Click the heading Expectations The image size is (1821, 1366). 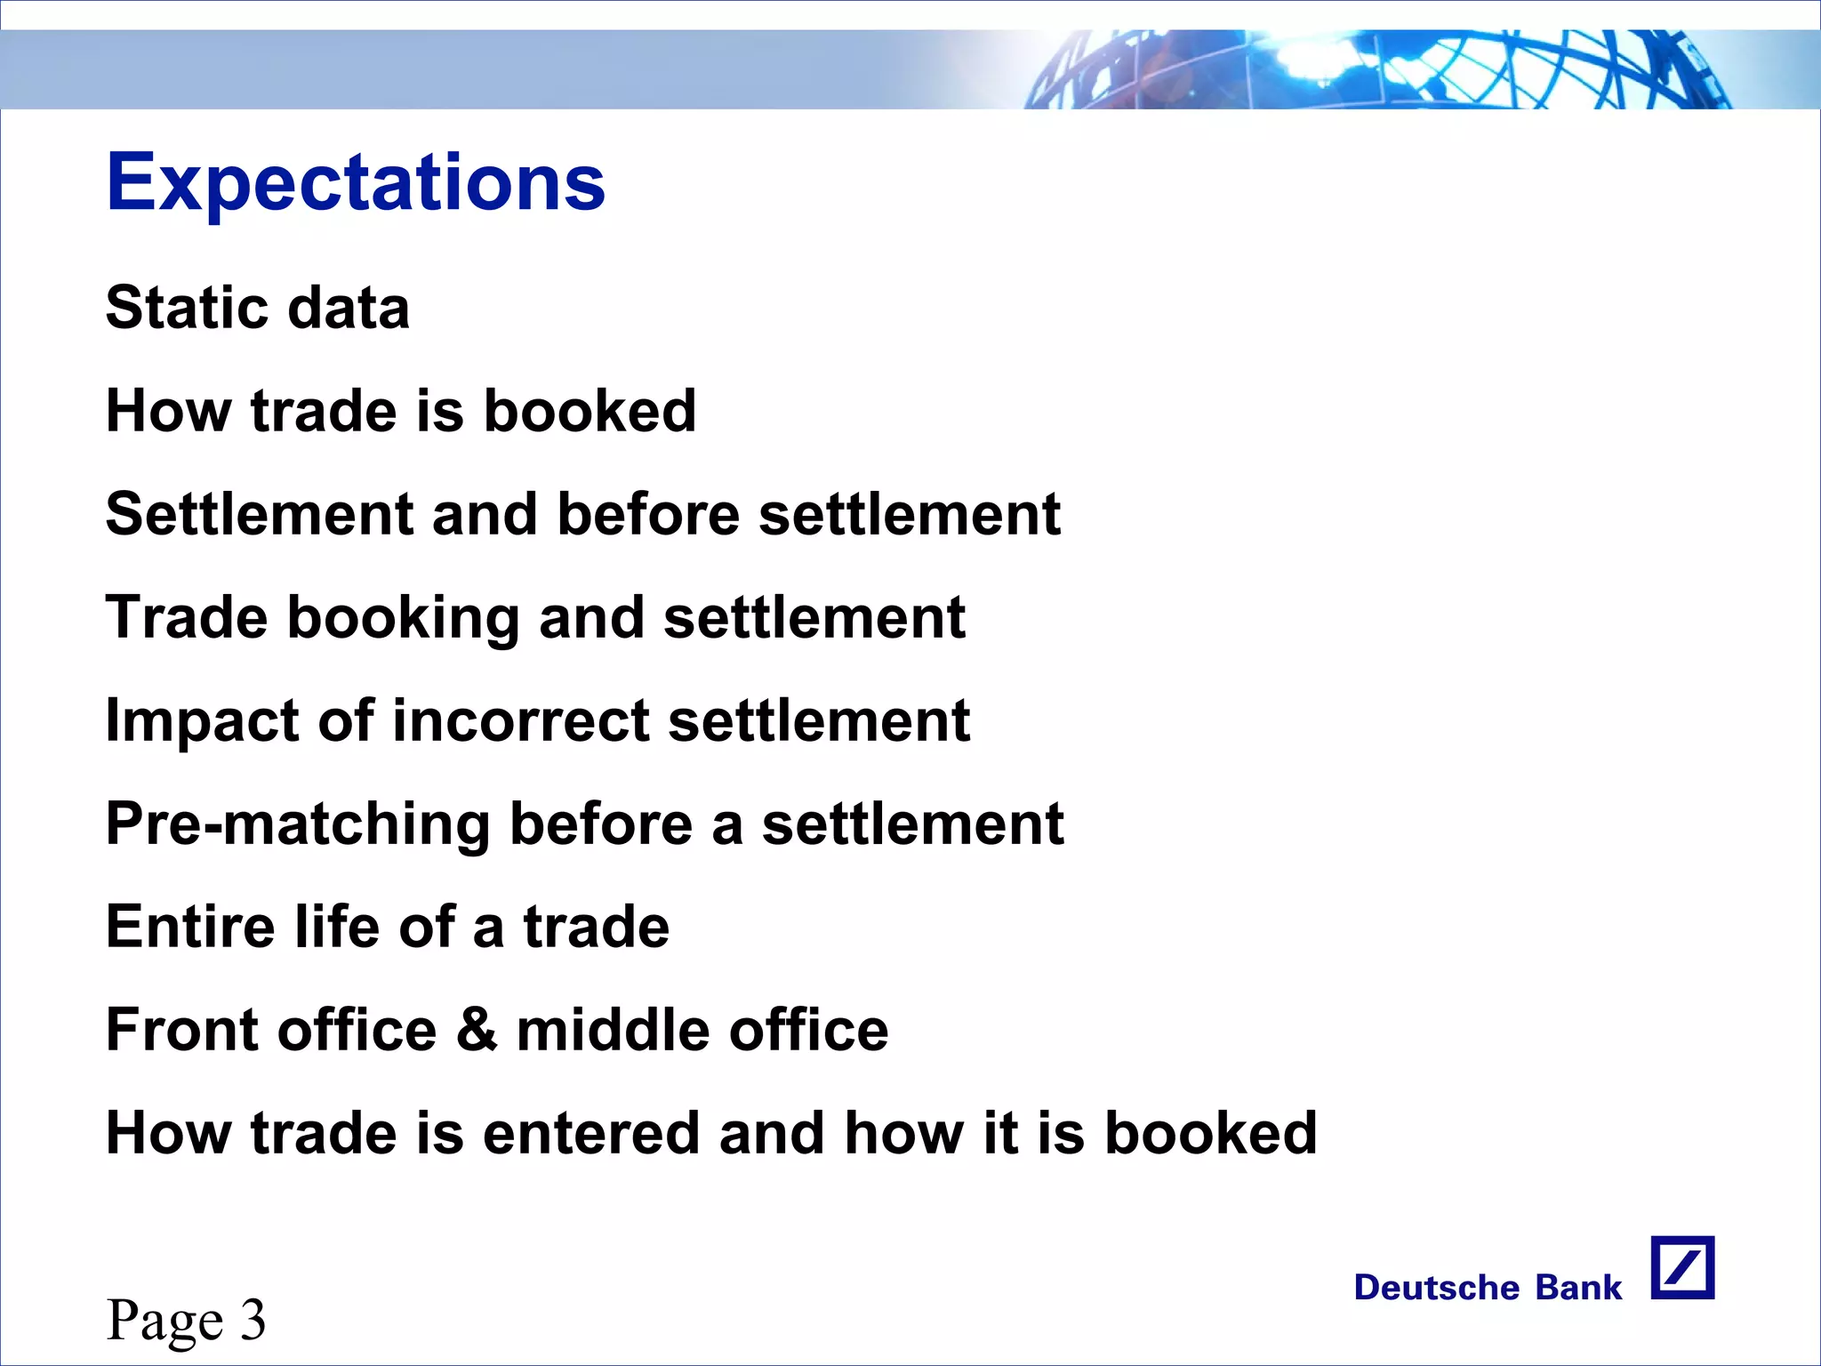(x=356, y=183)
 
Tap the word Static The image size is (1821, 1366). (x=185, y=308)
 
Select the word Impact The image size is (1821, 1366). (x=202, y=720)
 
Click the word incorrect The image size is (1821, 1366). (x=520, y=720)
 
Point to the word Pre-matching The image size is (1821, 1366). (x=297, y=824)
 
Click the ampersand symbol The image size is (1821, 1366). (x=477, y=1030)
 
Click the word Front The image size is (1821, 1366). (x=181, y=1030)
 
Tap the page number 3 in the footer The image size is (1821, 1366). (x=253, y=1319)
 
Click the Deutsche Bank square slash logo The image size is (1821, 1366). (x=1682, y=1267)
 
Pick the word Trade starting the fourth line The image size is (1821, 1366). (x=186, y=617)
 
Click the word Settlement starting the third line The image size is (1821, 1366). (x=259, y=514)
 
